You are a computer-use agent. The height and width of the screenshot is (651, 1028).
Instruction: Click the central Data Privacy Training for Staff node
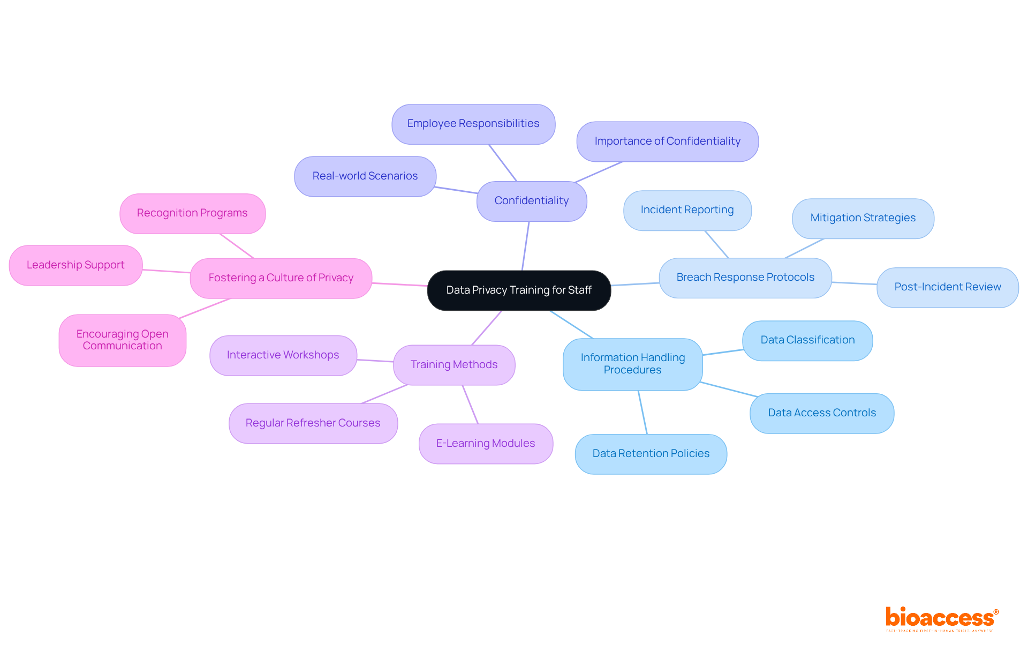[x=519, y=290]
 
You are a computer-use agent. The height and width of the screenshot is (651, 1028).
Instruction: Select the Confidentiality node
[x=532, y=201]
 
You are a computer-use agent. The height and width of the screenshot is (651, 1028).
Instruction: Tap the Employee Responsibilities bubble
[x=473, y=124]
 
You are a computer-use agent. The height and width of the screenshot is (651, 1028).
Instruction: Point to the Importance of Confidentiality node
[x=667, y=141]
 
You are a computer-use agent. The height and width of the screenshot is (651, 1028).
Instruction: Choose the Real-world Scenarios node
[x=365, y=176]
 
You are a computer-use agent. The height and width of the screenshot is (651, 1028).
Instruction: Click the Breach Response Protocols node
[x=745, y=278]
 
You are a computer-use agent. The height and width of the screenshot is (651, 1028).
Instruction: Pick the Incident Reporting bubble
[x=687, y=210]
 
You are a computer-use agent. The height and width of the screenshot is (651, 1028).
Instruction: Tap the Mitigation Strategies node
[x=863, y=218]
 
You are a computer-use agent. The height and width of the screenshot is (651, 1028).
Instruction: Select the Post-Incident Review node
[x=947, y=287]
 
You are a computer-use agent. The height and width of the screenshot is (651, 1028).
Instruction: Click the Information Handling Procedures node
[x=632, y=364]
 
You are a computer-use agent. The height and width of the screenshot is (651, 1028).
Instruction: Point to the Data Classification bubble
[x=807, y=340]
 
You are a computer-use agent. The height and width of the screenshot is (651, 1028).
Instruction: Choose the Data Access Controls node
[x=822, y=413]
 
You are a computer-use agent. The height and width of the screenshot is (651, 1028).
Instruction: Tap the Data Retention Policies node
[x=651, y=454]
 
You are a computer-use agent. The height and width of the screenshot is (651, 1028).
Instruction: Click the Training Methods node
[x=454, y=365]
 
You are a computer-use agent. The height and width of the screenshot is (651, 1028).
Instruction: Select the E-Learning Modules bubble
[x=486, y=444]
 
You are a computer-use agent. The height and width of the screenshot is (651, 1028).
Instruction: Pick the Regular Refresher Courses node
[x=313, y=423]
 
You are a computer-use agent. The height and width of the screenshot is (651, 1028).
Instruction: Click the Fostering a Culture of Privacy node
[x=281, y=278]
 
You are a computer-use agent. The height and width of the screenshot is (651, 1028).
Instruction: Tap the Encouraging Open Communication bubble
[x=123, y=340]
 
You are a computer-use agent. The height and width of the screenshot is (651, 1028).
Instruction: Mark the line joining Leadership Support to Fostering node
[x=166, y=271]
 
